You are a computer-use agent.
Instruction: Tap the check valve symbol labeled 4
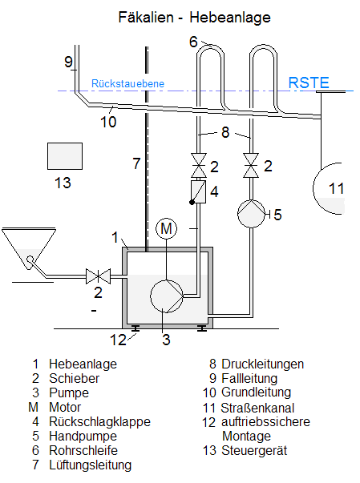click(x=199, y=192)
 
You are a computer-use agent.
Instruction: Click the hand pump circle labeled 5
click(x=251, y=214)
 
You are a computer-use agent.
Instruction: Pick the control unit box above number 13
click(x=65, y=156)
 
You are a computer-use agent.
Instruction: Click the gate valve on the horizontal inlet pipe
click(x=98, y=276)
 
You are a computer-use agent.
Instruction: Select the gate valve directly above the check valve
click(x=199, y=166)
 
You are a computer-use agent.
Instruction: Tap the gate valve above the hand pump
click(x=251, y=166)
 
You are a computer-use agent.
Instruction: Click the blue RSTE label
click(x=309, y=83)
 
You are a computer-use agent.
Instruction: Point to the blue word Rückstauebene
click(x=127, y=83)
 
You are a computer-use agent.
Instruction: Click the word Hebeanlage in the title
click(x=230, y=17)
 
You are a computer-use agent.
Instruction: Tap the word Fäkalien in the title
click(x=146, y=17)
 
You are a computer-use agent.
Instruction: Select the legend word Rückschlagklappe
click(x=99, y=421)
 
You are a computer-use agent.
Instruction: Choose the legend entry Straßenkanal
click(x=257, y=408)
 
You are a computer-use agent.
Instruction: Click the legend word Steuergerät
click(x=254, y=450)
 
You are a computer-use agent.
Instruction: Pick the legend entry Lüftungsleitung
click(x=91, y=465)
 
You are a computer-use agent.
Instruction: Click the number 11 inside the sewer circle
click(x=336, y=188)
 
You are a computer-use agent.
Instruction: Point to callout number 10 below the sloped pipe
click(x=108, y=122)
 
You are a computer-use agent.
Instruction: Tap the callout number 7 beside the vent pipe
click(x=136, y=163)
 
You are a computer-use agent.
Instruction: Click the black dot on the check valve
click(x=192, y=203)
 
